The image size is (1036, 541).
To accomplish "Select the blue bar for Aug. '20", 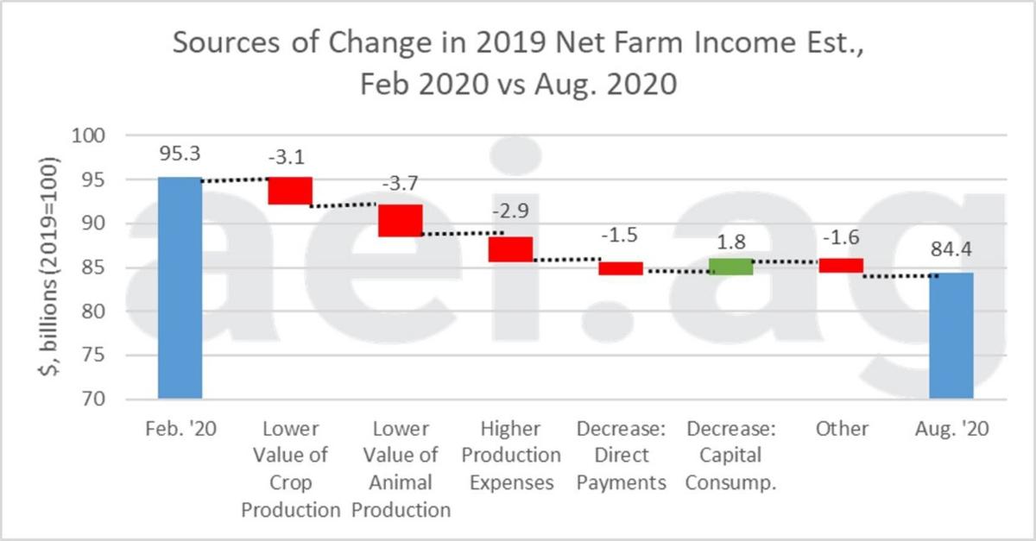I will coord(951,336).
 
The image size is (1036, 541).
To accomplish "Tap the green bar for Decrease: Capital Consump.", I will coord(730,267).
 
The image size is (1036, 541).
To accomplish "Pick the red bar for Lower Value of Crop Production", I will coord(289,191).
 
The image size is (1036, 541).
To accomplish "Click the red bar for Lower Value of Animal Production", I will coord(400,220).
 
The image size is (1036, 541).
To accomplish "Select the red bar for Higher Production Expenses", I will coord(510,248).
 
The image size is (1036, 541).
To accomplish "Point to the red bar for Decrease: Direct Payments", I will coord(621,268).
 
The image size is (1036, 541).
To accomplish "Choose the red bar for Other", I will coord(841,265).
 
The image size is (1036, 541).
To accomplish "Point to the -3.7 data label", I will coord(400,186).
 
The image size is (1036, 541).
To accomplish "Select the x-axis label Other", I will coord(841,429).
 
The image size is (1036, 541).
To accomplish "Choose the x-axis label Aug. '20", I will coord(951,429).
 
